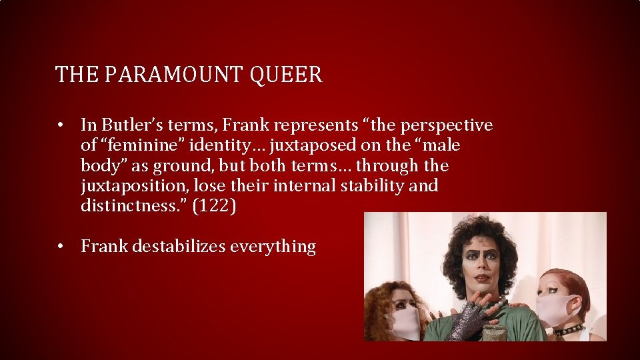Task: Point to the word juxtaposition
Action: [134, 185]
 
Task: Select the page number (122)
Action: [213, 206]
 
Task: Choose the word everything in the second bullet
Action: [273, 247]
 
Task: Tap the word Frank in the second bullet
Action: [105, 246]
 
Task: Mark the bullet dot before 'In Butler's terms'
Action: [61, 125]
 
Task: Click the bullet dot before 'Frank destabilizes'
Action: [61, 247]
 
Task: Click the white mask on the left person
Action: [406, 321]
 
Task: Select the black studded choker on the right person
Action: [568, 329]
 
